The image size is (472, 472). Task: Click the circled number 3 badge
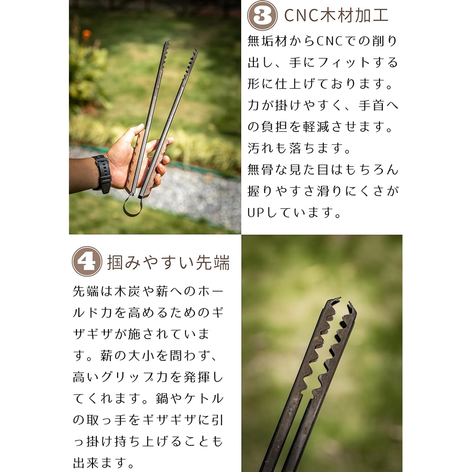click(262, 16)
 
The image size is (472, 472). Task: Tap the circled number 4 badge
click(87, 261)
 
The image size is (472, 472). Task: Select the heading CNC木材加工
click(336, 16)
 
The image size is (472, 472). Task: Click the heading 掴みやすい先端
click(169, 262)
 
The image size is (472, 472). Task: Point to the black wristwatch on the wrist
click(102, 174)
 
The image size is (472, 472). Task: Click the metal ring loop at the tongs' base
click(132, 206)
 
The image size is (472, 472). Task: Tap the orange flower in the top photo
click(86, 34)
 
